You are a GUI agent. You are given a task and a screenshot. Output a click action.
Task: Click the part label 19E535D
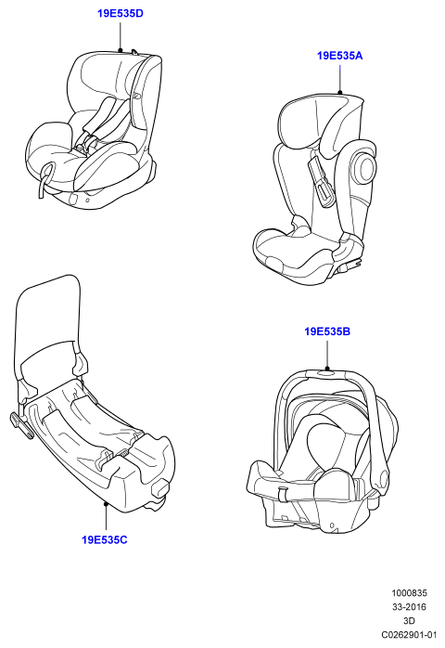[x=121, y=13]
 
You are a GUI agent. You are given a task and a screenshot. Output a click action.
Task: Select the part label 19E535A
[x=339, y=56]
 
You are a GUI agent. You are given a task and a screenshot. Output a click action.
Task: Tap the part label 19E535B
[x=327, y=331]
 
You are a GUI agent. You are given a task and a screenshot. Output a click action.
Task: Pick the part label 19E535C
[x=105, y=539]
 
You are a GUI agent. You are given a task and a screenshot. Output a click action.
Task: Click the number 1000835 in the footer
[x=410, y=593]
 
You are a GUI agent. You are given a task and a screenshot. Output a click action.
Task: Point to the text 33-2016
[x=410, y=606]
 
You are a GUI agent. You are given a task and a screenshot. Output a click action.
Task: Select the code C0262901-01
[x=409, y=634]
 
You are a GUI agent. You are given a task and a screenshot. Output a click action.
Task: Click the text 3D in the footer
[x=409, y=621]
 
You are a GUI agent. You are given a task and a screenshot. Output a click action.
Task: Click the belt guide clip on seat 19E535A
[x=319, y=180]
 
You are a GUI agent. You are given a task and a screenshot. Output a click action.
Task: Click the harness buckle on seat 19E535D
[x=86, y=144]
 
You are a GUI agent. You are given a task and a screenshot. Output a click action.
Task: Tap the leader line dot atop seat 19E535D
[x=121, y=50]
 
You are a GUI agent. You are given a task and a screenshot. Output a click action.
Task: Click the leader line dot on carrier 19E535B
[x=327, y=369]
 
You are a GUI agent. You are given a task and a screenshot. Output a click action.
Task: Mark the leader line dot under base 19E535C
[x=106, y=503]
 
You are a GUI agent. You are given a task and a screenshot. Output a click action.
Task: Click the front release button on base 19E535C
[x=161, y=487]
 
